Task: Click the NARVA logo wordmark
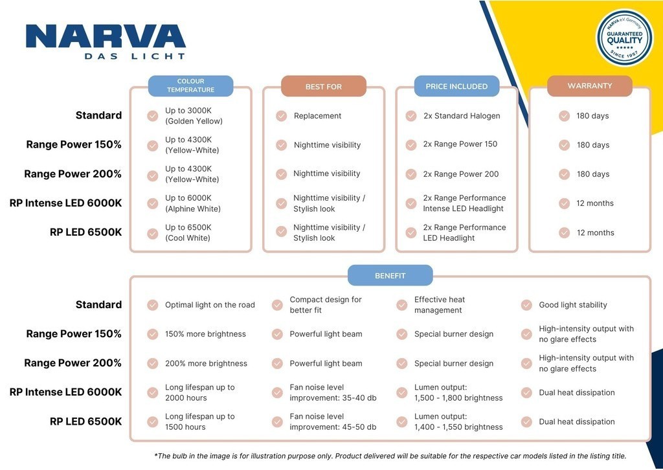106,38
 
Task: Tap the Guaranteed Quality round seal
624,38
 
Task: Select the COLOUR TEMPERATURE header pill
190,86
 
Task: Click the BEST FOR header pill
323,86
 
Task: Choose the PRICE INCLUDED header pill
456,86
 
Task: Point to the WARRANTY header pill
589,85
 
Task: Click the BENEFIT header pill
390,276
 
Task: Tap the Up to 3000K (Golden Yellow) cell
194,116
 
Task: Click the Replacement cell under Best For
317,116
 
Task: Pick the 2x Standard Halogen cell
462,116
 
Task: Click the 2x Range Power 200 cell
461,174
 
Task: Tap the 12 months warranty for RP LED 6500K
595,232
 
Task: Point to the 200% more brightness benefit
206,363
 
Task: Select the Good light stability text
573,305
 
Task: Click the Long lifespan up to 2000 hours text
199,392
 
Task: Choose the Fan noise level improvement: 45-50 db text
333,421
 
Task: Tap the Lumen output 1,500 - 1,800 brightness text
458,392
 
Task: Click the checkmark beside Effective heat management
402,305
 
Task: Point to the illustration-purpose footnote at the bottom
390,456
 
